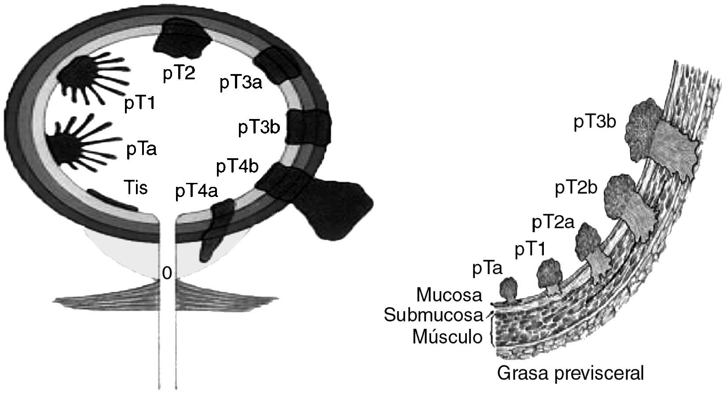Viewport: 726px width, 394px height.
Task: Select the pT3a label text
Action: click(241, 82)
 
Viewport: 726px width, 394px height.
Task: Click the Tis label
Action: click(135, 188)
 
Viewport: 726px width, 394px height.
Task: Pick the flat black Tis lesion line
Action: click(112, 199)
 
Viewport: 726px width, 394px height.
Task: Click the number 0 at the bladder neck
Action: click(166, 274)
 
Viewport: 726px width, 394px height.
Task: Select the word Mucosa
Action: click(449, 295)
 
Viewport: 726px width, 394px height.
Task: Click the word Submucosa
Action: click(433, 315)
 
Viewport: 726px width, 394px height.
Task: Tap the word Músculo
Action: click(447, 337)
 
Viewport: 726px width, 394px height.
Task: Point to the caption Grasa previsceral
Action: click(570, 373)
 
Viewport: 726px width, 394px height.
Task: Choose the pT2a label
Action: click(553, 223)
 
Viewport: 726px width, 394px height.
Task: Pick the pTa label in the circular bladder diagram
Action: click(141, 150)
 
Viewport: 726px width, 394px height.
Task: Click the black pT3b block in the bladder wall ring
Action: click(308, 126)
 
